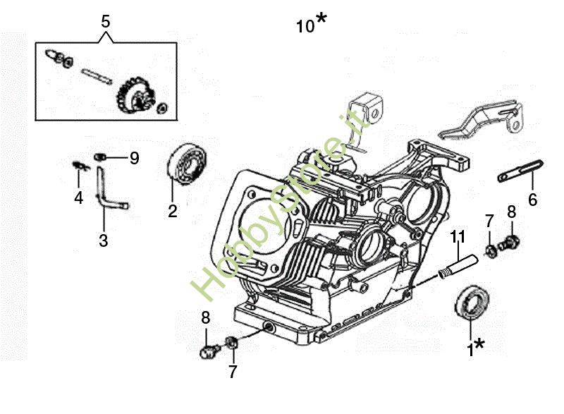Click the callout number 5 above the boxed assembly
coord(105,22)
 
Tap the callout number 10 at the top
coord(305,26)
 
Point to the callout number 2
coord(173,211)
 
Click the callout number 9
coord(135,158)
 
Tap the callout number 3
coord(104,241)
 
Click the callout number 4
coord(79,197)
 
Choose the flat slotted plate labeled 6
coord(520,171)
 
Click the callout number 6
coord(533,200)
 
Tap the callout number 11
coord(458,237)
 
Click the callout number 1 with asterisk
coord(475,348)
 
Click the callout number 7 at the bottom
coord(233,372)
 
